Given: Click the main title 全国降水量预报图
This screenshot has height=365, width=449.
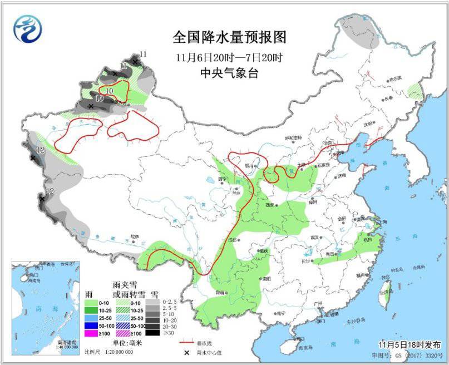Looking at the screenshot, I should coord(229,38).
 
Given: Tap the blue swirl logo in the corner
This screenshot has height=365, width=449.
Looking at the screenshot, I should coord(28,29).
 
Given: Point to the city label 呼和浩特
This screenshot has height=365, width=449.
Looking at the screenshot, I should coord(293,137).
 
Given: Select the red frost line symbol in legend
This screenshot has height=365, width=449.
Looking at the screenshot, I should coord(185,342).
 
